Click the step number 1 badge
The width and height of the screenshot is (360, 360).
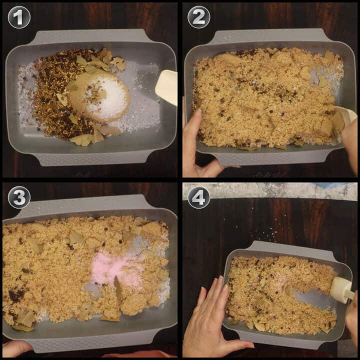coord(19,17)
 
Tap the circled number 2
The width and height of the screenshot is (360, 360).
coord(198,17)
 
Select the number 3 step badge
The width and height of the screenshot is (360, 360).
coord(19,197)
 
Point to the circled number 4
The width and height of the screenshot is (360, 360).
coord(198,197)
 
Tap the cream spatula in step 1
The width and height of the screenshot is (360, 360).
coord(166,87)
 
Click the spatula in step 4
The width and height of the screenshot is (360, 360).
coord(343,289)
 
